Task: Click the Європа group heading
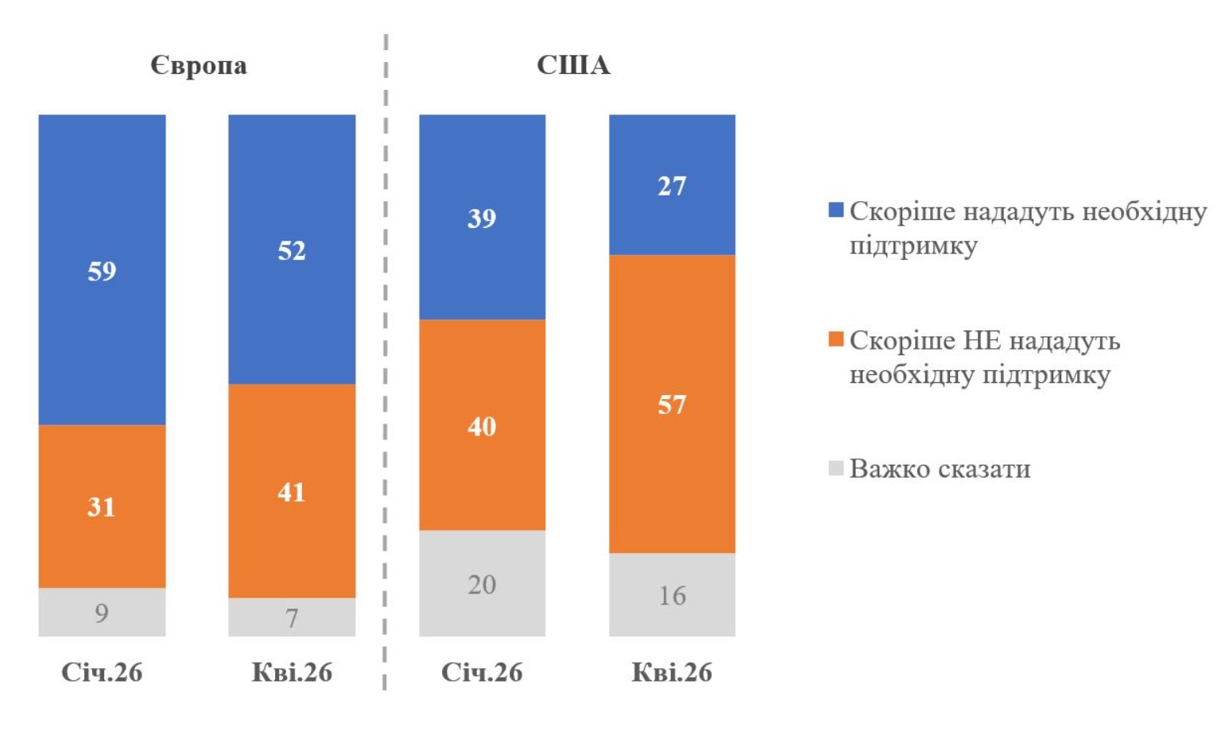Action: [x=199, y=65]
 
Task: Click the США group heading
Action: [x=573, y=65]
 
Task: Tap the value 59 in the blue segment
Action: [x=102, y=271]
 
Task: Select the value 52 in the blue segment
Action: [x=292, y=250]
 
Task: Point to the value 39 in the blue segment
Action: [x=482, y=218]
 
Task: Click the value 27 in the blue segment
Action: [x=672, y=186]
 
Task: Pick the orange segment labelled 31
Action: [x=102, y=506]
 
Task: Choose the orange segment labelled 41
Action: [x=292, y=492]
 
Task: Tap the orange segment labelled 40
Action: [x=482, y=426]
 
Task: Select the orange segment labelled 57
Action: [x=672, y=404]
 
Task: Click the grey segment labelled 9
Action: [x=102, y=613]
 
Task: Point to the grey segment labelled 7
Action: [x=292, y=617]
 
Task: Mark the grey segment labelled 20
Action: [x=482, y=584]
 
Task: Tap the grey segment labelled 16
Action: [x=672, y=595]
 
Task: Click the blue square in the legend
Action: [x=835, y=211]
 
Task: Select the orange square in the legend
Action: [x=835, y=340]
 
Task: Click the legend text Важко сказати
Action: [x=940, y=469]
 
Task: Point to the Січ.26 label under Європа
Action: [x=102, y=672]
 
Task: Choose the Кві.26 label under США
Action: [x=672, y=672]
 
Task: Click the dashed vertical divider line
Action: [x=386, y=358]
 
